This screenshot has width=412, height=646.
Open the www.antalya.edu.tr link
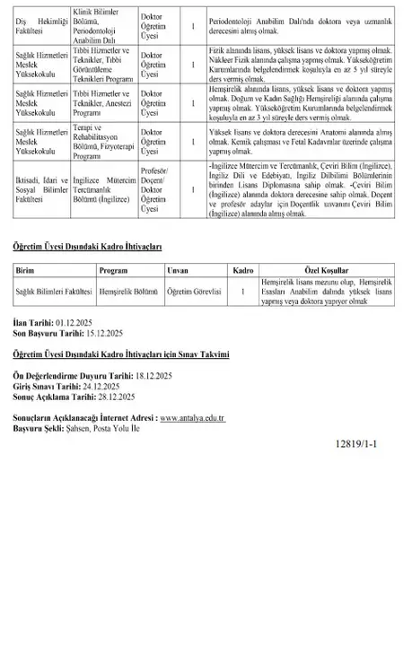pyautogui.click(x=191, y=418)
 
